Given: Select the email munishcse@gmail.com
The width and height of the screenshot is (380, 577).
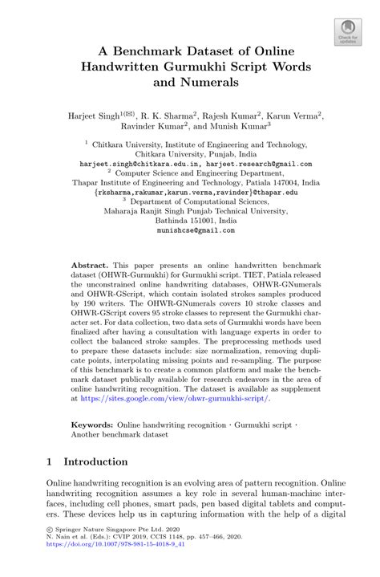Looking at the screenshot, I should pos(190,230).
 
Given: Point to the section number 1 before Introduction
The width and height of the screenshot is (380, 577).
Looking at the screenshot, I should pos(50,462).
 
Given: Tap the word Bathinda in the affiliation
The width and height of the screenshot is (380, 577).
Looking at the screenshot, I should pos(152,220).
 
